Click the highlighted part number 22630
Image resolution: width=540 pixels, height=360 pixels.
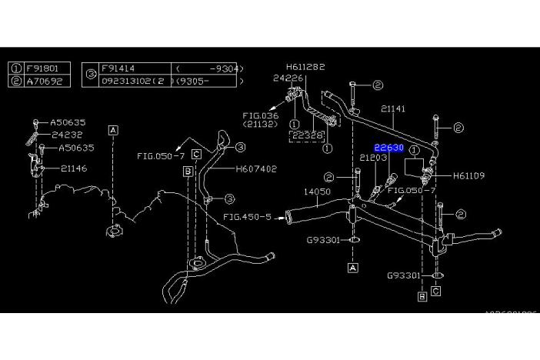(388, 148)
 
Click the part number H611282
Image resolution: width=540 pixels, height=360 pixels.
(306, 67)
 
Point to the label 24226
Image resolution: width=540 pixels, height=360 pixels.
(288, 78)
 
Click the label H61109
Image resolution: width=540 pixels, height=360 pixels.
(468, 175)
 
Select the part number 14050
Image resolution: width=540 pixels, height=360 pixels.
(317, 191)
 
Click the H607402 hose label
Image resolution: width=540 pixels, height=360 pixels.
(256, 168)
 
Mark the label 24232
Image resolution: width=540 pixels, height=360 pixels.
(68, 134)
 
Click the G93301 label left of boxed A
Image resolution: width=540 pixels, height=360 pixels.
(323, 239)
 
